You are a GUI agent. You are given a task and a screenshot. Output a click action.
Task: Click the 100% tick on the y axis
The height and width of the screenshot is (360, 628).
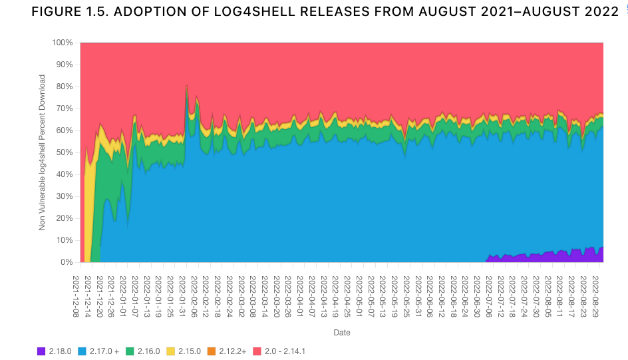[x=63, y=43]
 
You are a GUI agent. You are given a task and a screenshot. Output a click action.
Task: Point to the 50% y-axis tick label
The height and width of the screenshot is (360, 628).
[x=65, y=152]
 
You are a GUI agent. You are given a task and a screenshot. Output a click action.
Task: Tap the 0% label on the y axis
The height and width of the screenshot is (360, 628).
[x=67, y=262]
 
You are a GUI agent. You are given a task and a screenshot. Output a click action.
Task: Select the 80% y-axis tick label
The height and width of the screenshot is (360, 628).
[x=65, y=87]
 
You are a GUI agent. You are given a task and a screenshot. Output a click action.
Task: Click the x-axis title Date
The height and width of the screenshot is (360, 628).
[x=342, y=332]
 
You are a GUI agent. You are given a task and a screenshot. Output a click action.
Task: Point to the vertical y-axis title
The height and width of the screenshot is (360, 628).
[x=43, y=152]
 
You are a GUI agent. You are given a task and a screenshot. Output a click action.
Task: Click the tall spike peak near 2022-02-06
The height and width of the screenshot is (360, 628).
[x=187, y=86]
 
